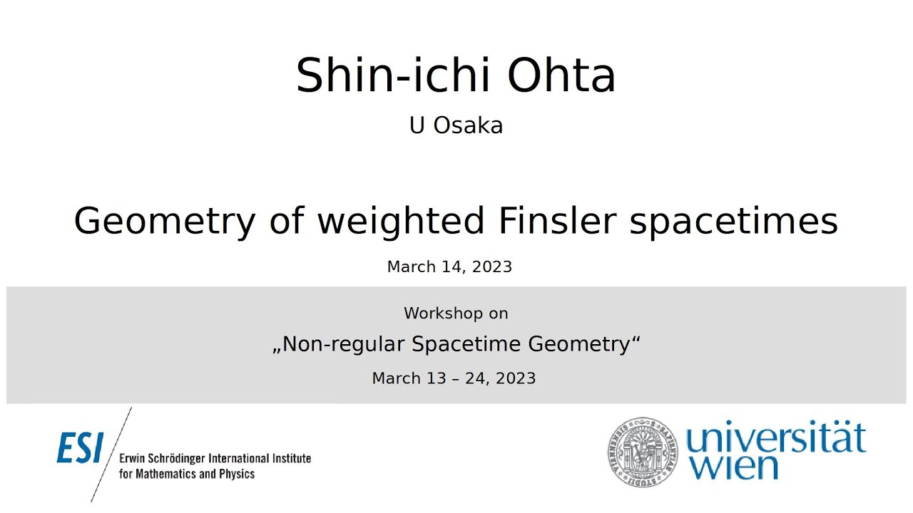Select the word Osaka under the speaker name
468,125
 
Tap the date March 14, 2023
449,266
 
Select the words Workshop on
456,313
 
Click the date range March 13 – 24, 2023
454,378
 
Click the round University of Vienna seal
641,451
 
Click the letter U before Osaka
417,125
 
